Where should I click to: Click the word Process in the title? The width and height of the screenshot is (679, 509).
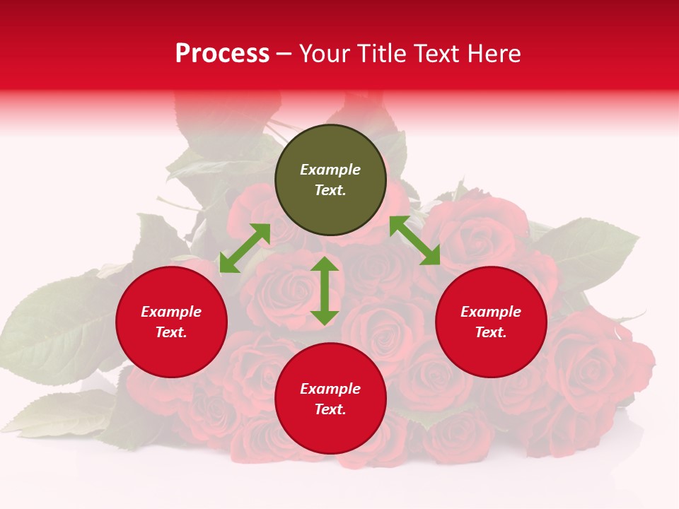(x=222, y=54)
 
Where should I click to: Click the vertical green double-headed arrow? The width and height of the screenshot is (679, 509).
(x=325, y=291)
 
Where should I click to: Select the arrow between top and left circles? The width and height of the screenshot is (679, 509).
(x=245, y=247)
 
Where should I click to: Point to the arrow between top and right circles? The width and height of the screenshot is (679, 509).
(x=414, y=240)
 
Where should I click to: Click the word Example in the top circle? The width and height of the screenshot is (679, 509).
(x=330, y=170)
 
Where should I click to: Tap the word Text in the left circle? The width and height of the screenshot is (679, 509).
(x=171, y=332)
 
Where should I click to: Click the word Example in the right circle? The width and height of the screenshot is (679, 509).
(x=491, y=312)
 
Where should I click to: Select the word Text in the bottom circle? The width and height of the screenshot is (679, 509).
(x=330, y=409)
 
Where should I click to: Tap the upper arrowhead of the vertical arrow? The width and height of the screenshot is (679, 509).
(x=325, y=265)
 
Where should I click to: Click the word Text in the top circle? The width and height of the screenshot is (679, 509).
(x=330, y=190)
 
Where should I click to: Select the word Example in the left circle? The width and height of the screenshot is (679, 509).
(x=171, y=312)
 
